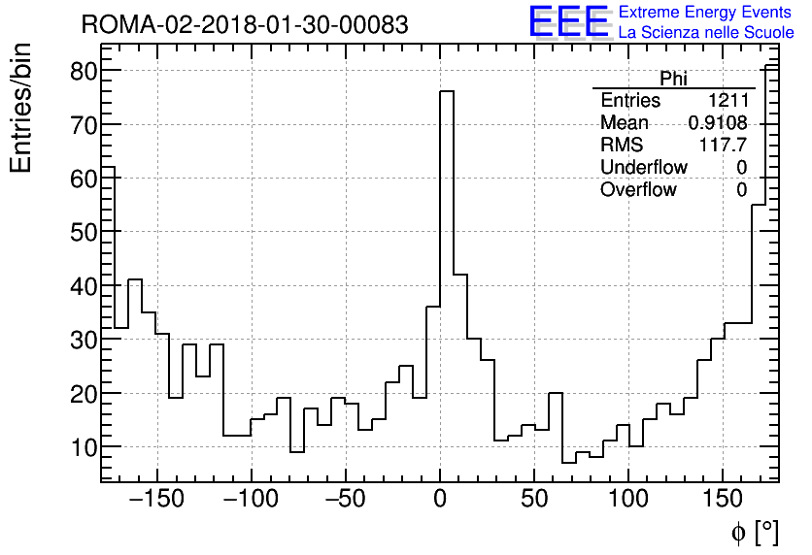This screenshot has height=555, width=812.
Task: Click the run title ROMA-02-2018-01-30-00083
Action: click(x=245, y=24)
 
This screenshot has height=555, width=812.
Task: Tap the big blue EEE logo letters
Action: click(x=568, y=22)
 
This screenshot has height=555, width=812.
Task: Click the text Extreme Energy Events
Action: click(x=705, y=13)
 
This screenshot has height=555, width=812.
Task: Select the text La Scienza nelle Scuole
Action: click(x=706, y=33)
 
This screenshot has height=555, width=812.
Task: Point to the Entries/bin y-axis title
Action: click(x=21, y=108)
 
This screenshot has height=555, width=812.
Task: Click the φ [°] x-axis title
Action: click(x=754, y=532)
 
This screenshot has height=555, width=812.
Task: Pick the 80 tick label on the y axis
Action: click(x=83, y=71)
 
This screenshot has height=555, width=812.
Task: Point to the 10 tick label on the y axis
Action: click(x=83, y=447)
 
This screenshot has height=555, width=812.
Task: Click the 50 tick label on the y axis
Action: click(x=83, y=232)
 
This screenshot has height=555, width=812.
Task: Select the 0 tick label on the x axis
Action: click(x=440, y=500)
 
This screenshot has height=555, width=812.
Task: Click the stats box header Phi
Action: click(x=673, y=79)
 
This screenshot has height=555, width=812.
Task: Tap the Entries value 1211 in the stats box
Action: click(x=727, y=101)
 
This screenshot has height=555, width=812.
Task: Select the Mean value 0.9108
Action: click(x=718, y=123)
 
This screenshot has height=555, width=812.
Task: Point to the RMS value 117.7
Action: click(x=724, y=146)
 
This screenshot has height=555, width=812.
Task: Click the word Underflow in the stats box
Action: click(x=643, y=168)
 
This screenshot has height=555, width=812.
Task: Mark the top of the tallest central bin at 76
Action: click(x=447, y=91)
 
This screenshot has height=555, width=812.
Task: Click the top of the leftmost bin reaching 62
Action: click(x=109, y=167)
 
